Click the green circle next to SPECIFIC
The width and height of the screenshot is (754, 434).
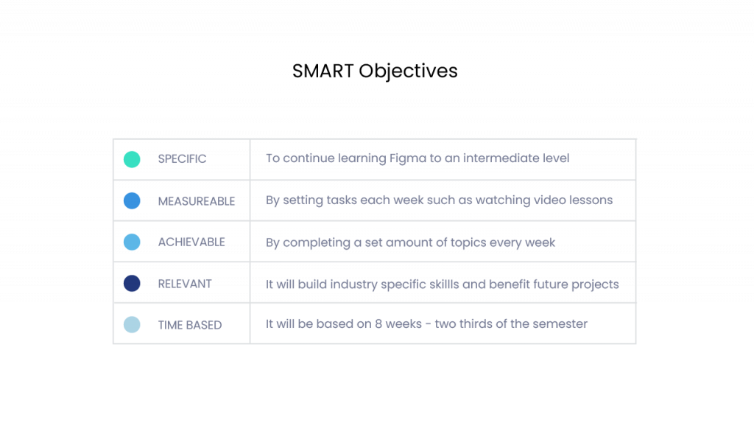click(132, 159)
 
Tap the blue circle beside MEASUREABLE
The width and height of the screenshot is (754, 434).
click(132, 200)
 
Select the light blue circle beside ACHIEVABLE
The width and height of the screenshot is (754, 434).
click(132, 242)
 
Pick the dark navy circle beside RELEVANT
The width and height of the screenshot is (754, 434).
click(132, 284)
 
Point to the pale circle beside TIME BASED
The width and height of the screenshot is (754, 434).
click(132, 325)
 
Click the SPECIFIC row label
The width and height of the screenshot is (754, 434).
click(182, 159)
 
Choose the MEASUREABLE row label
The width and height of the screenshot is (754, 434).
click(197, 201)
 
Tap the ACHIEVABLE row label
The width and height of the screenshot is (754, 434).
click(191, 242)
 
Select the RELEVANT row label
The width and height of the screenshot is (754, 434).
click(185, 284)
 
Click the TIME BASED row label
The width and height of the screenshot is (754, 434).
click(189, 325)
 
